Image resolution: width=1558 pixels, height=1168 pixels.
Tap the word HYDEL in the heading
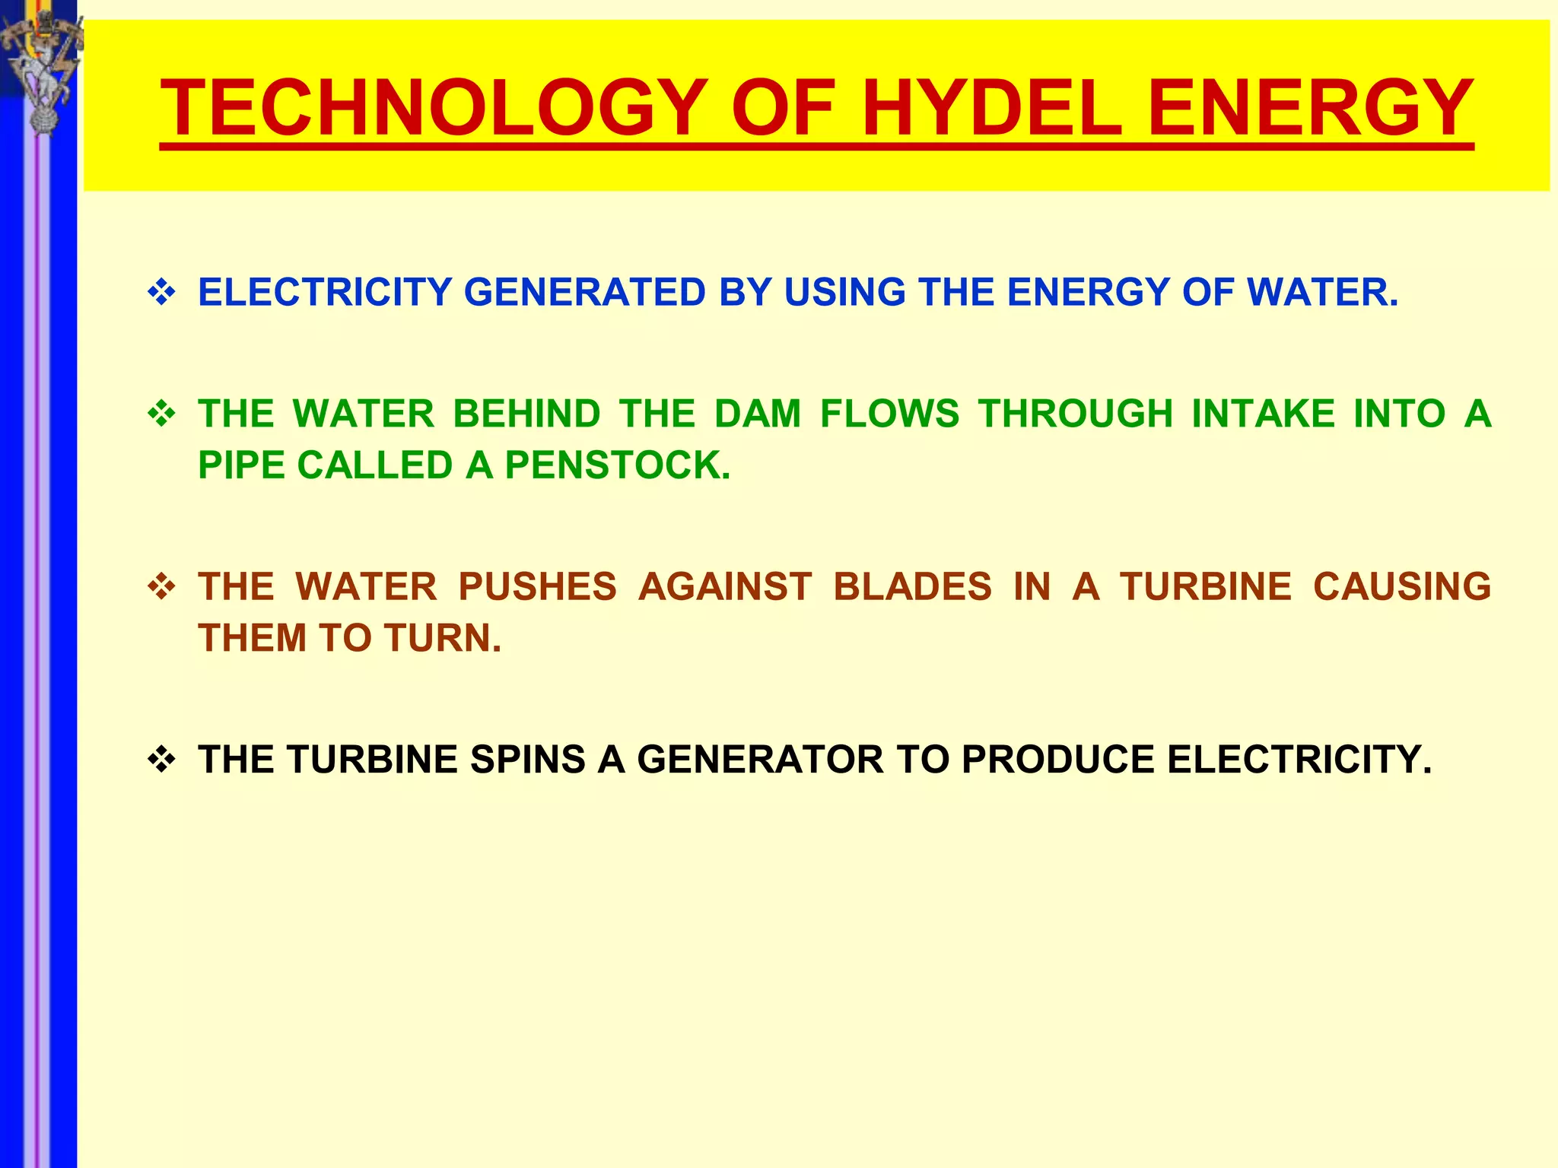[991, 108]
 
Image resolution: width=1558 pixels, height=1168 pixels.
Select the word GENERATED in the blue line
[585, 293]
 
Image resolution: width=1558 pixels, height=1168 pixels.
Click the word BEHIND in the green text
[526, 414]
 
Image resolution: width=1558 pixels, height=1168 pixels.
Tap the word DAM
[758, 414]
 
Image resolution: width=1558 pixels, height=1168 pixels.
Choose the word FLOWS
[889, 414]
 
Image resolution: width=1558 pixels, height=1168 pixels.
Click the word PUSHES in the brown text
[537, 587]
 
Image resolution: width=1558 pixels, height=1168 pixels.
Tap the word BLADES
[912, 587]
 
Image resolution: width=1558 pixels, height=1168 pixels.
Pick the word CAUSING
[1402, 587]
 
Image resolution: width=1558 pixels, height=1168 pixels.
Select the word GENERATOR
[760, 760]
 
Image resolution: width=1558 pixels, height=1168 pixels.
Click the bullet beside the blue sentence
[161, 293]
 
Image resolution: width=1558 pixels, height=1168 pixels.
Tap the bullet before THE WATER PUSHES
[161, 587]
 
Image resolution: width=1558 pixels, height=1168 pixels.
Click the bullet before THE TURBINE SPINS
[161, 760]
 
